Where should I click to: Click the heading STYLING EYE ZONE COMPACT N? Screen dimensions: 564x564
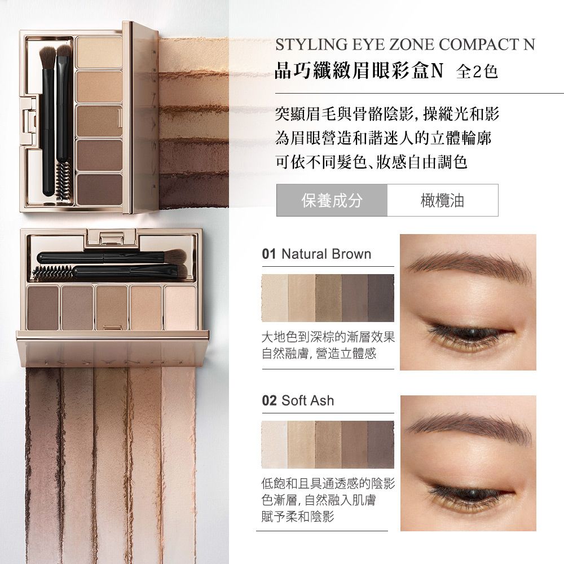point(406,45)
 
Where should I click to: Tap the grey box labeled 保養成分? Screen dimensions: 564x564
point(332,200)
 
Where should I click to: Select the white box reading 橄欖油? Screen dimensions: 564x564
point(443,200)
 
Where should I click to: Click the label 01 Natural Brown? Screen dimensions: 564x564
point(316,254)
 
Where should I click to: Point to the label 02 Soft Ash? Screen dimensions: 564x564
point(298,400)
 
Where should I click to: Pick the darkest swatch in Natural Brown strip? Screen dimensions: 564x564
point(381,298)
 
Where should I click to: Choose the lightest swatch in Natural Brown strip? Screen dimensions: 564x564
point(275,298)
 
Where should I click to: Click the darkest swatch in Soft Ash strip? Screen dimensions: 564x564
point(381,444)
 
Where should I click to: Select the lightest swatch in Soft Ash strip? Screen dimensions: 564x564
point(275,444)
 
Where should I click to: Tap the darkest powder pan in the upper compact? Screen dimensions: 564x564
point(100,189)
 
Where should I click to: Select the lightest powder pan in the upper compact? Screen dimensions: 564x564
point(100,52)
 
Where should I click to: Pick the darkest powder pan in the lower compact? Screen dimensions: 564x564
point(42,307)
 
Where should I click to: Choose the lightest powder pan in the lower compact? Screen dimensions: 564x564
point(180,307)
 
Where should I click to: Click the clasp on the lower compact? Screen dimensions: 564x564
point(112,238)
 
